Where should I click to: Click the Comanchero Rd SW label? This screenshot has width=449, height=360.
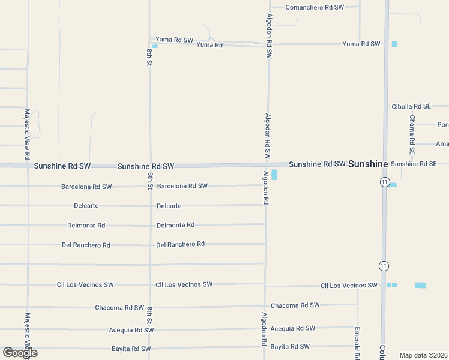point(315,7)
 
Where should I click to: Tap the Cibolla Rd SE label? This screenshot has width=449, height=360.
point(411,106)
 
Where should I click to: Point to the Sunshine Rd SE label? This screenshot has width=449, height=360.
point(419,164)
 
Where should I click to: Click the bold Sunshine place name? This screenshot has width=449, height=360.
point(368,164)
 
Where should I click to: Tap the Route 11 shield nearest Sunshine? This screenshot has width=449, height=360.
point(385,182)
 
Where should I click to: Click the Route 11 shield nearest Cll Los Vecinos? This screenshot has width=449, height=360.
point(384,266)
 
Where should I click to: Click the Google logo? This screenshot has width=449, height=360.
point(20,352)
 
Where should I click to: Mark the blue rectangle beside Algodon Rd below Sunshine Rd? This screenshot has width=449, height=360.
point(274,175)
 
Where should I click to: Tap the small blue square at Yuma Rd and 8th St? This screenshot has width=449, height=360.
point(155,46)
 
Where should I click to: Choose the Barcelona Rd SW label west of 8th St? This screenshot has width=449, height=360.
point(86,187)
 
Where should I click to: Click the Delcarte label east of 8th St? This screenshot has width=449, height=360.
point(169,206)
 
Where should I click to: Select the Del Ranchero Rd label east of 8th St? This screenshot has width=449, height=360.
point(180,245)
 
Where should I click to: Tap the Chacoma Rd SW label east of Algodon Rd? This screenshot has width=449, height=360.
point(295,305)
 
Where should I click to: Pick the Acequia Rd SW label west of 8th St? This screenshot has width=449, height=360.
point(131,330)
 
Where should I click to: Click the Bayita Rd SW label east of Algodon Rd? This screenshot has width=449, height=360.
point(290,347)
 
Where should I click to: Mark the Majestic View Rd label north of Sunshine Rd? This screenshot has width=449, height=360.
point(27,134)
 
